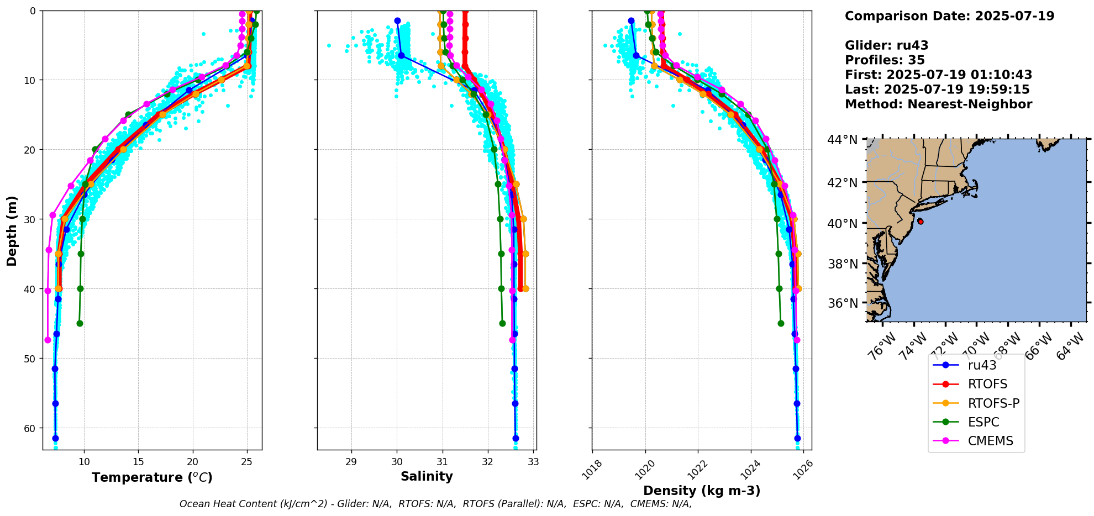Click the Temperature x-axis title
tap(152, 477)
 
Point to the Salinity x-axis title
tap(427, 476)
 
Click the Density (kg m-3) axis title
tap(702, 491)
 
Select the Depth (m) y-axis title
tap(12, 231)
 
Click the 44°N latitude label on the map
tap(842, 140)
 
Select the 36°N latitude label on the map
tap(842, 303)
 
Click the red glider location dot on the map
tap(920, 221)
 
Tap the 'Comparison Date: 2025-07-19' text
tap(949, 16)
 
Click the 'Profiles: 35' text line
tap(885, 60)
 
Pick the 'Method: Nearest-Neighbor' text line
tap(938, 104)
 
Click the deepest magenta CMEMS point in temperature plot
tap(48, 340)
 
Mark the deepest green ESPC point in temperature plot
tap(80, 323)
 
